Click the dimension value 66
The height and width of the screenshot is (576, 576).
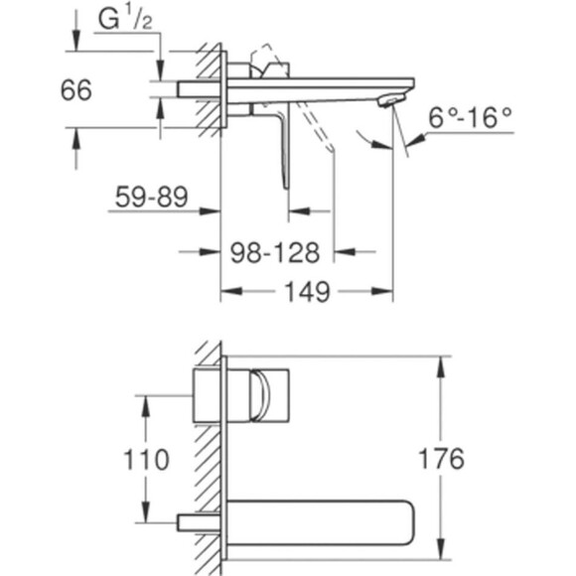click(x=76, y=90)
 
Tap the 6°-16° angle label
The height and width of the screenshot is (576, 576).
click(x=471, y=116)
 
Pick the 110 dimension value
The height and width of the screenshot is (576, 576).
click(x=146, y=459)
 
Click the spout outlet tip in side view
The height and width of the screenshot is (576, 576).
click(x=396, y=99)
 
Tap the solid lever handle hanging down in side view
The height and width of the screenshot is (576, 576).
click(x=283, y=149)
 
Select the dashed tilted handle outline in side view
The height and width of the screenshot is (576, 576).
click(x=316, y=134)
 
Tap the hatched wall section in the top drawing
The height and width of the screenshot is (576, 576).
click(x=209, y=89)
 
